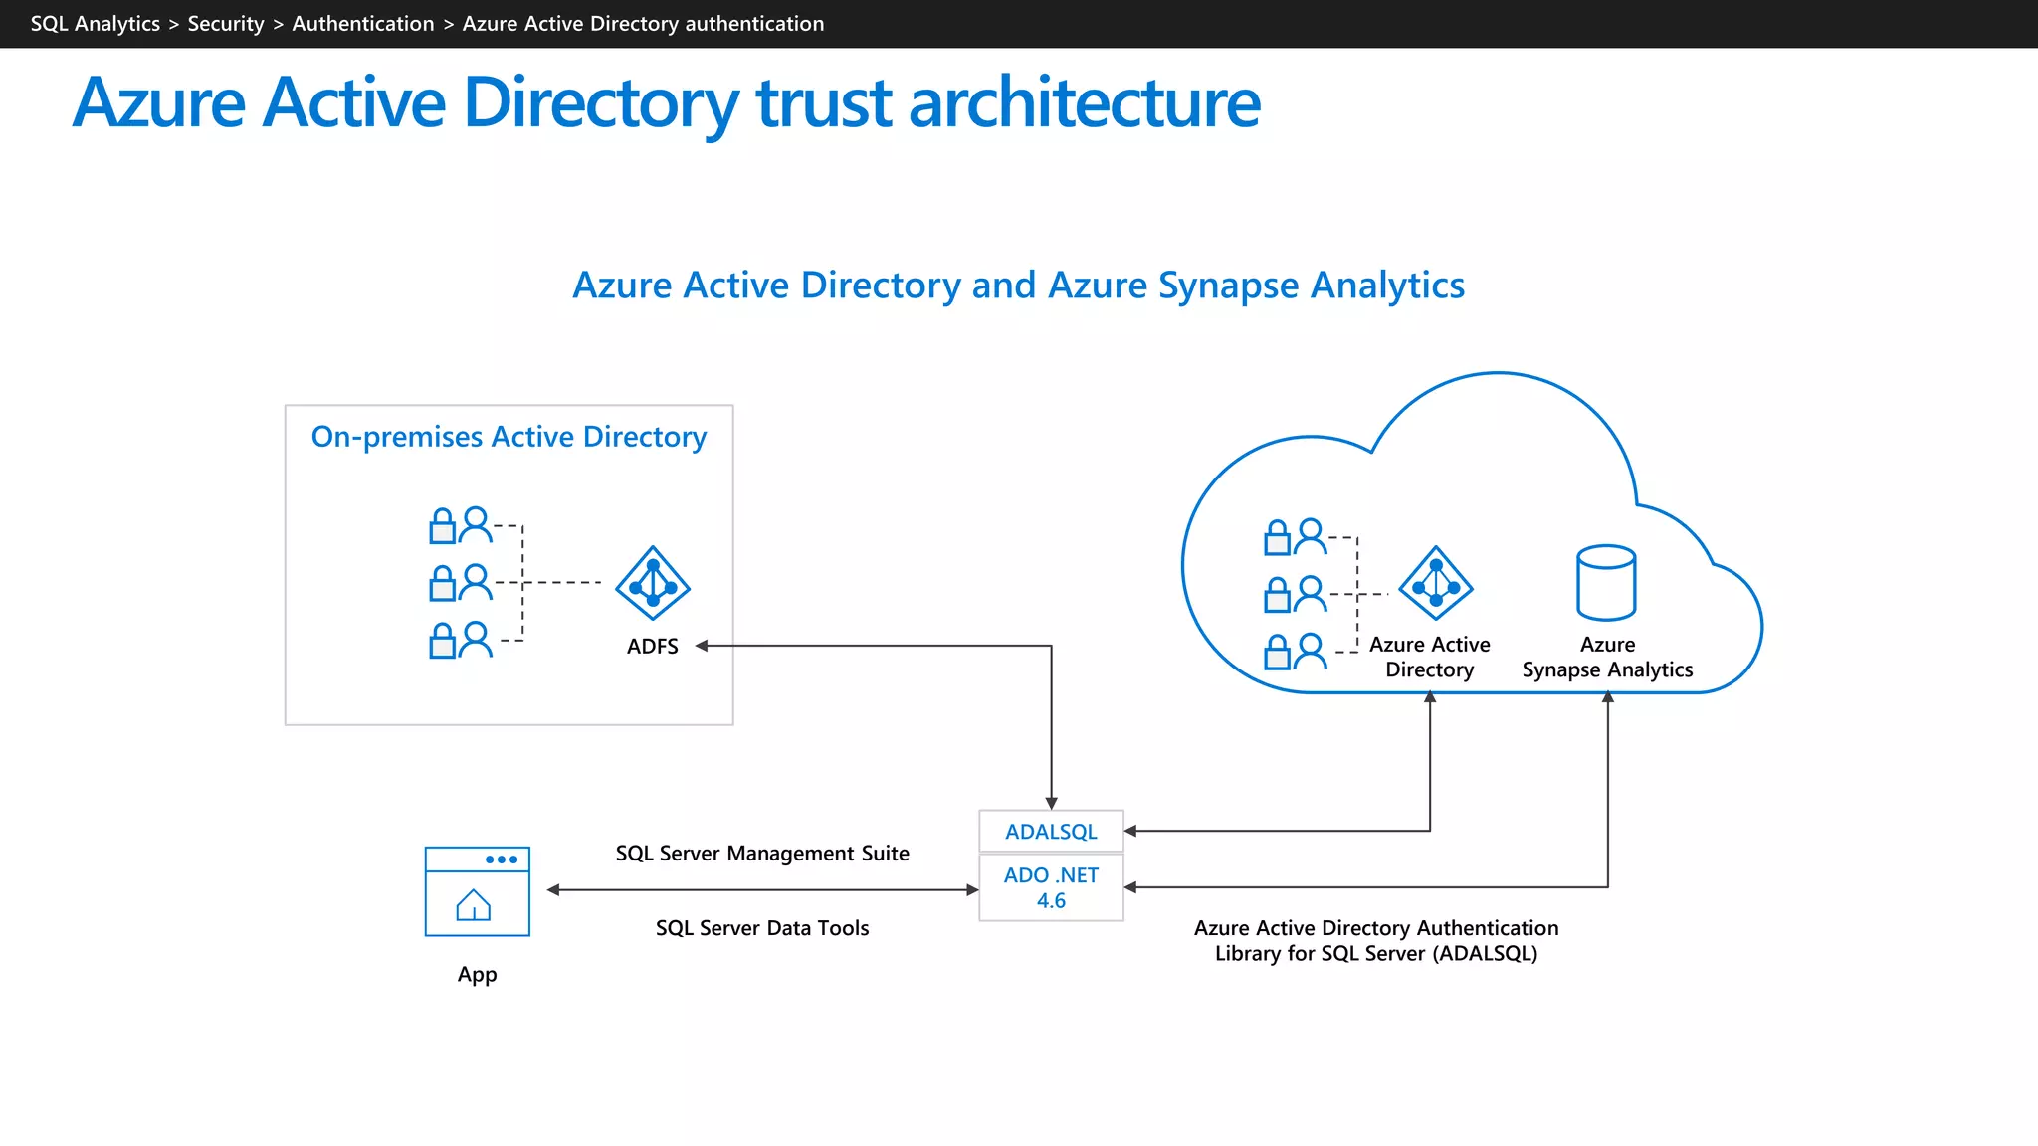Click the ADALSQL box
1051,832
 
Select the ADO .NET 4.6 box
1051,887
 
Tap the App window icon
477,891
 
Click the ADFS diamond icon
653,583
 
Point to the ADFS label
653,647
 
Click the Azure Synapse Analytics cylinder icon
1606,583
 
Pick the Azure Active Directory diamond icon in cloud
1435,583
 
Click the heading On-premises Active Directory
509,437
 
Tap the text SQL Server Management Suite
762,854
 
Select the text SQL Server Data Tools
762,928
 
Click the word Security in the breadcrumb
226,24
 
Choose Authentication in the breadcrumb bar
363,24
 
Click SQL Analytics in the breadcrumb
95,24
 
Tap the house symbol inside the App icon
474,905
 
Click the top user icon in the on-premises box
477,524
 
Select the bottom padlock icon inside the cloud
1277,654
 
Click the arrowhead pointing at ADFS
702,646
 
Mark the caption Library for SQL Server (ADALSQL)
1376,954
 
